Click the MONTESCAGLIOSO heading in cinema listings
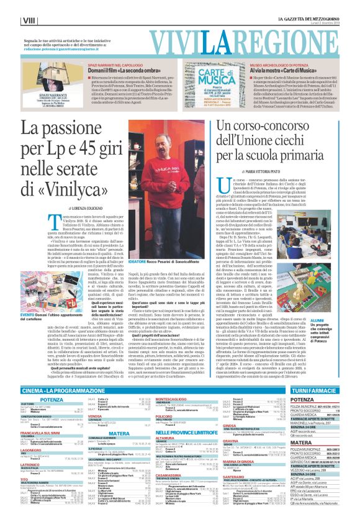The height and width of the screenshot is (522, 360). click(x=162, y=399)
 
